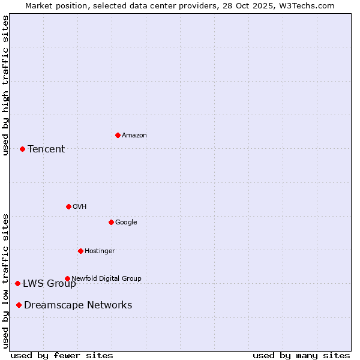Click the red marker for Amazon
(118, 135)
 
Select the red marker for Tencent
(22, 149)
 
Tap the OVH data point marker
(68, 206)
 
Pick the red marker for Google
(111, 222)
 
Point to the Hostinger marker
(80, 251)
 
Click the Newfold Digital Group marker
(67, 278)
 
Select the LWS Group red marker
(17, 283)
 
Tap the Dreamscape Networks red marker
(19, 305)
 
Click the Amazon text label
(134, 136)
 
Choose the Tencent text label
(46, 149)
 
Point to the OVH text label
(80, 207)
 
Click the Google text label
(126, 223)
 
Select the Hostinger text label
(100, 251)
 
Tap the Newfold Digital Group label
(106, 278)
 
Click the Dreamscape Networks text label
(78, 305)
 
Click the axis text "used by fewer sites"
(62, 355)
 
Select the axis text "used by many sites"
(301, 355)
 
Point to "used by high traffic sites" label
(5, 85)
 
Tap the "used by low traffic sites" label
(5, 280)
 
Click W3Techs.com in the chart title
(307, 5)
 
